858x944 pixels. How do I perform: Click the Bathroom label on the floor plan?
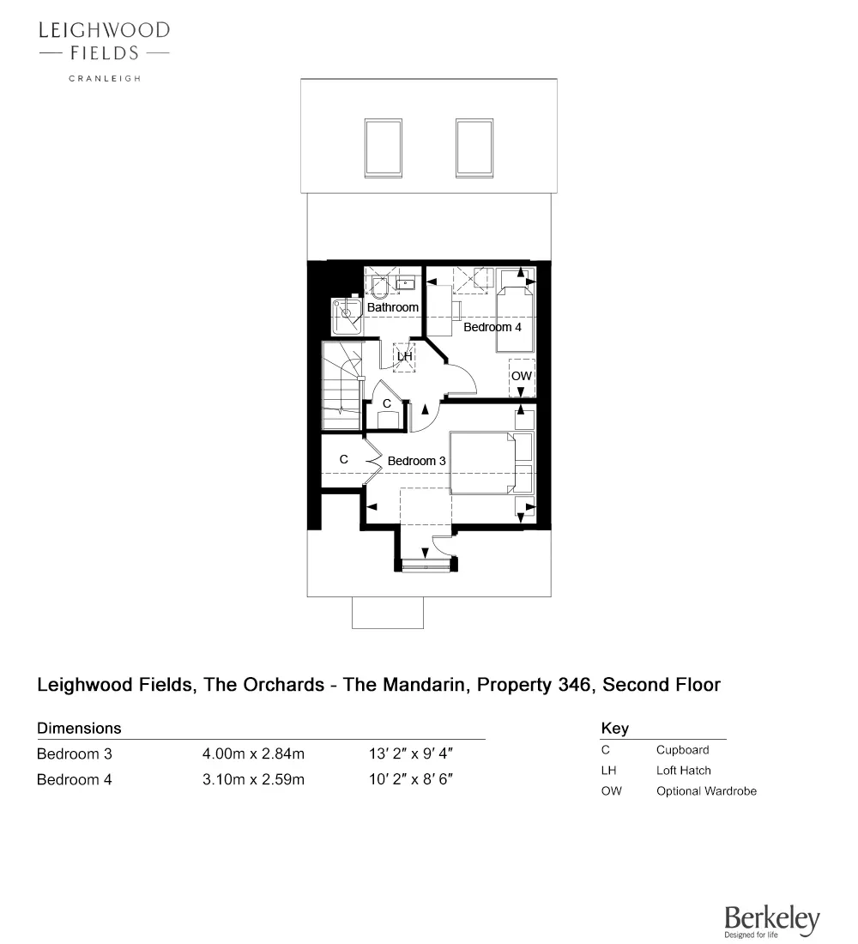(x=393, y=307)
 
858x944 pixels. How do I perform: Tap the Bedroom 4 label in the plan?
(x=492, y=327)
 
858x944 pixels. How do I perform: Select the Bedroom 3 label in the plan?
(x=417, y=461)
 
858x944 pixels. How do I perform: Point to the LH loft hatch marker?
(x=404, y=356)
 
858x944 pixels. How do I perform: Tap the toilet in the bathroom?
(x=379, y=287)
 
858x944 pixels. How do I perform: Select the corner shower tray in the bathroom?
(x=347, y=316)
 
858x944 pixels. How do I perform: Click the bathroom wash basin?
(x=407, y=282)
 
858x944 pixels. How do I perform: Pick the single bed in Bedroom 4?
(x=515, y=320)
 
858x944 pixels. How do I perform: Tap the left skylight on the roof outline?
(x=383, y=148)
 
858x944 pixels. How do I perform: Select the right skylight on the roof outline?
(x=474, y=148)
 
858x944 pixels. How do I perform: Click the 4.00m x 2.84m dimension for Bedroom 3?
(x=253, y=753)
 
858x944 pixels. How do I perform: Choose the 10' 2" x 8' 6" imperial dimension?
(x=411, y=779)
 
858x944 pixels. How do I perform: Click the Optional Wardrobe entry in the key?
(x=706, y=791)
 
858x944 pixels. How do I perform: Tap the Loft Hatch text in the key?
(x=683, y=771)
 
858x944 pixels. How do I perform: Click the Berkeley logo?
(x=772, y=922)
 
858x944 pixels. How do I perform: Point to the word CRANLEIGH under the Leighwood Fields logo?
(x=105, y=78)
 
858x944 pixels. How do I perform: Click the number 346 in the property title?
(x=574, y=685)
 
